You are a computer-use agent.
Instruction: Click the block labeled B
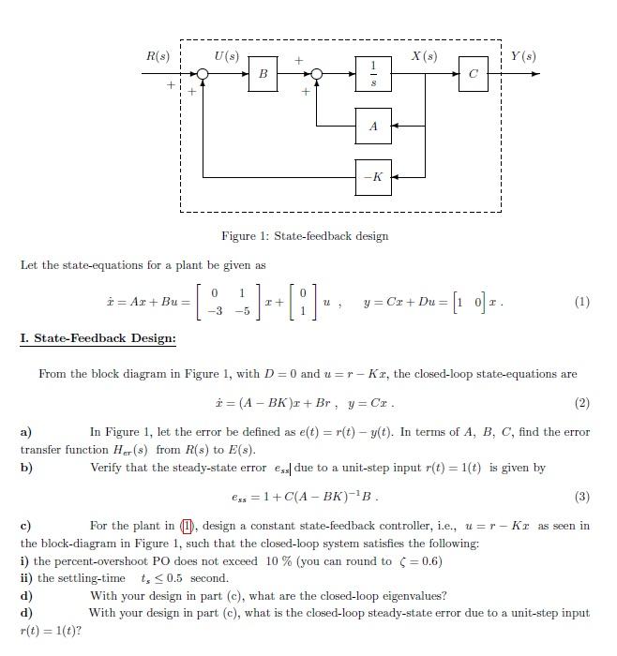263,73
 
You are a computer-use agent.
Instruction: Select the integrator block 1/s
373,73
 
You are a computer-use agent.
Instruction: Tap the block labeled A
373,126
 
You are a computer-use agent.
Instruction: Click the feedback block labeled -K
373,176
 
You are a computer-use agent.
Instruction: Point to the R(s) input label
158,56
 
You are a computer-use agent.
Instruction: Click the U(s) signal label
227,56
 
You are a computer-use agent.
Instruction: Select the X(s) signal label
425,56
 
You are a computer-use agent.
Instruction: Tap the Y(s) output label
523,56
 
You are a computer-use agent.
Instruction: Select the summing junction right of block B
317,74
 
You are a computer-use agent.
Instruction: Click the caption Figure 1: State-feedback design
305,235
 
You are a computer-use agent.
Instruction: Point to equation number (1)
581,303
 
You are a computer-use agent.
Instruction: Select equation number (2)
581,404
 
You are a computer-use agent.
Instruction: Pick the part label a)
26,432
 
